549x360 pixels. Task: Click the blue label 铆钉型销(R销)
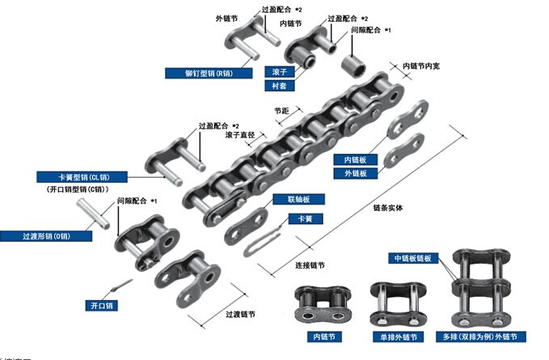click(198, 73)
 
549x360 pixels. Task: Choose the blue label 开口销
click(102, 306)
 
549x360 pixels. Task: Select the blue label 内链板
click(356, 160)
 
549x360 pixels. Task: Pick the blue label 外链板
click(356, 173)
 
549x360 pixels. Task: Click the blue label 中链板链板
click(413, 259)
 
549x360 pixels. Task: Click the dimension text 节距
click(281, 111)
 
